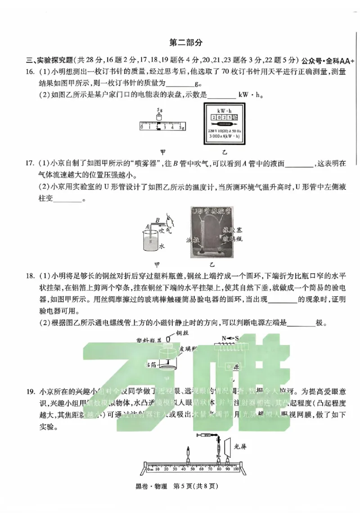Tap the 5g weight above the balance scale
(158, 116)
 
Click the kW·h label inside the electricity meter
(224, 110)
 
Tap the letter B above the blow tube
(157, 220)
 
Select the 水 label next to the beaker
(162, 247)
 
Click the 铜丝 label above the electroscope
(181, 333)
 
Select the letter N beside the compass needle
(224, 338)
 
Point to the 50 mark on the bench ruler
(193, 469)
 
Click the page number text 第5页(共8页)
(197, 486)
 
